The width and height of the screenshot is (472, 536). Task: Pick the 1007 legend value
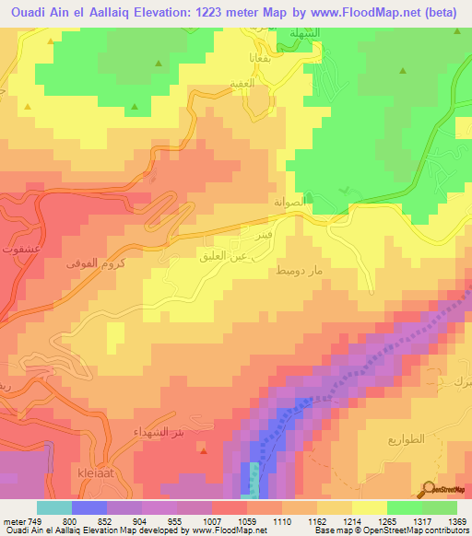[x=214, y=521]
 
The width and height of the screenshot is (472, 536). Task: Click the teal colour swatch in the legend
[x=54, y=507]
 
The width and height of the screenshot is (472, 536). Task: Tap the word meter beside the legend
[x=13, y=521]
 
